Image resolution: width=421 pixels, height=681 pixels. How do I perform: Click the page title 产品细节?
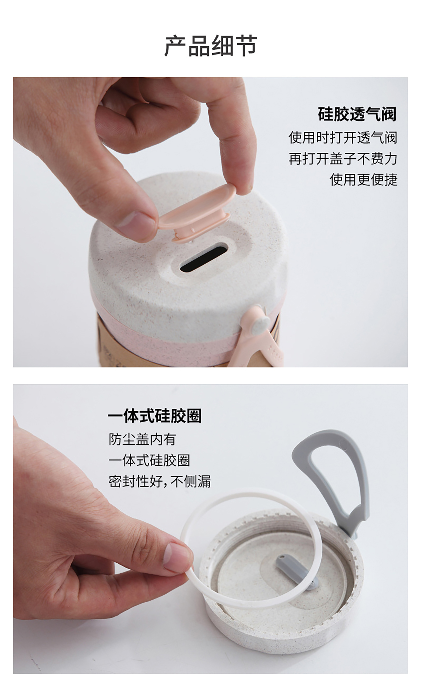[210, 46]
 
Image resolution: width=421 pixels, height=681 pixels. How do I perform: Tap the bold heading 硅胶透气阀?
[357, 114]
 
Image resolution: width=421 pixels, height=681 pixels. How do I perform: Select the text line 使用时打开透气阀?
[343, 137]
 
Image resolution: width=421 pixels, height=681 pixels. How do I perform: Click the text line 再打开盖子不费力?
[343, 159]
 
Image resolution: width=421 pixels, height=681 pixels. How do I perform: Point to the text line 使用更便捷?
[363, 180]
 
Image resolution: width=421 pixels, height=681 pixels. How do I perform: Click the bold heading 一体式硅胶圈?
[155, 416]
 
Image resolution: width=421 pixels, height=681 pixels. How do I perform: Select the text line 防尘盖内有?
[142, 439]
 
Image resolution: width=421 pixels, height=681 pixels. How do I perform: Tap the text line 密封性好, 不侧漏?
[160, 481]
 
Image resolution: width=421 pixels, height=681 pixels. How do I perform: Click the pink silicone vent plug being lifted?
[196, 211]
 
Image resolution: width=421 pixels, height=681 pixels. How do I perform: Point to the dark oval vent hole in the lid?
[203, 259]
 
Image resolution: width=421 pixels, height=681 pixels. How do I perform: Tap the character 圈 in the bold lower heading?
[194, 416]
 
